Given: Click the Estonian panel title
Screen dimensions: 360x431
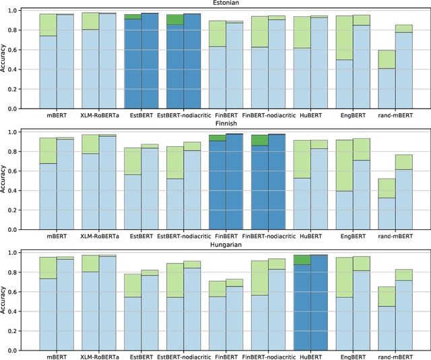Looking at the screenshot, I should [226, 3].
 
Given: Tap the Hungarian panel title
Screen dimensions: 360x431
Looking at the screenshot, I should [226, 244].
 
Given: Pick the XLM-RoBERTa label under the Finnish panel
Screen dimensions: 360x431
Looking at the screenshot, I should [99, 237].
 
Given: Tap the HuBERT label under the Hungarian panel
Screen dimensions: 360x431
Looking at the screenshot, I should [310, 357].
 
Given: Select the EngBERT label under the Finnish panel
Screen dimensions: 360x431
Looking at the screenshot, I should [353, 237].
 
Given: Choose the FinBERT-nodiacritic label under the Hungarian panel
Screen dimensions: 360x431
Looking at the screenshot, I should [268, 357].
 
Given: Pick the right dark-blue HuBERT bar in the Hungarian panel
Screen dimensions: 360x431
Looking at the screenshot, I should [319, 303].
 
